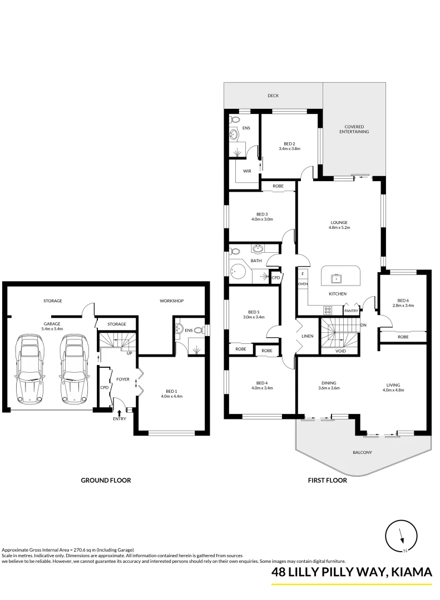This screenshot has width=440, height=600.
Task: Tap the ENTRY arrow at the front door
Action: [x=120, y=412]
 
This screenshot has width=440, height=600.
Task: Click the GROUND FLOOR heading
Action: [x=106, y=481]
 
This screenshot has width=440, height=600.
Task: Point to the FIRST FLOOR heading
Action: [x=327, y=481]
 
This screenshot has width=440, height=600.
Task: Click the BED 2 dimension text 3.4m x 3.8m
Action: [x=289, y=149]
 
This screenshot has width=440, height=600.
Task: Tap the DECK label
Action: [x=273, y=96]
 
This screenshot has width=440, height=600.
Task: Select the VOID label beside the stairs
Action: [x=341, y=351]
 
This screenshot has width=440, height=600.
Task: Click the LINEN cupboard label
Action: [x=308, y=336]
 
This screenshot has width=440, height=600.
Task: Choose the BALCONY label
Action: [x=362, y=452]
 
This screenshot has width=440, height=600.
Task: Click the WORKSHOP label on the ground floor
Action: [x=171, y=301]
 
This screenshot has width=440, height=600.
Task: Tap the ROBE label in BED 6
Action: [x=403, y=337]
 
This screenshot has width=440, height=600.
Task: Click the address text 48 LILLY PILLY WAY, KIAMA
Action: [x=352, y=572]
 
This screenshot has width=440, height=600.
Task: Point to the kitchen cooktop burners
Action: [x=328, y=311]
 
